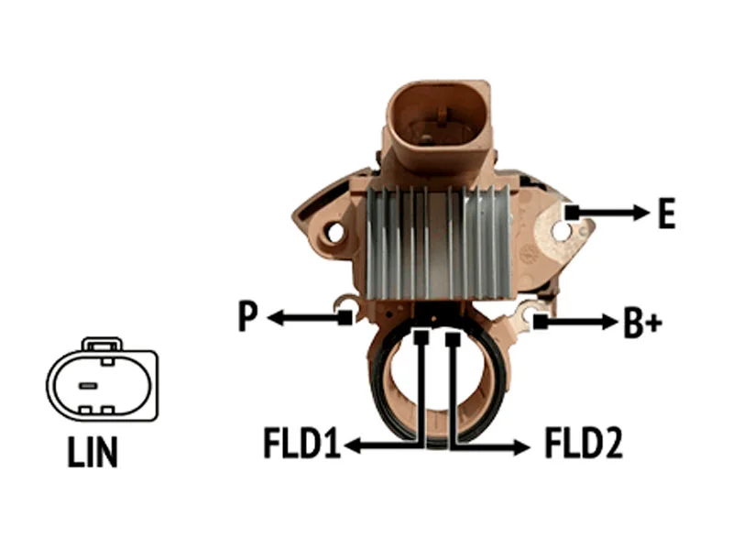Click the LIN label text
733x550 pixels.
pos(93,452)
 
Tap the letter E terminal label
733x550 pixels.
pos(667,214)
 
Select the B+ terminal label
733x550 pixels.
pos(642,323)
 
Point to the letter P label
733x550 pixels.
pos(247,316)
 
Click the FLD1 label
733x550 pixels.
pos(301,443)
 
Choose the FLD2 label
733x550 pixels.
pos(584,443)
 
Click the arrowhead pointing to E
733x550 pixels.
pos(640,213)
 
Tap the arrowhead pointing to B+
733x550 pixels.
pos(609,322)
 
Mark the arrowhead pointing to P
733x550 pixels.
pos(277,318)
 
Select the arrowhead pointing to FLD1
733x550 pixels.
pos(354,445)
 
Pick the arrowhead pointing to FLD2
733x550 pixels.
pos(520,446)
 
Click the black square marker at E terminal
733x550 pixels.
pos(572,213)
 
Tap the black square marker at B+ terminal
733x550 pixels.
pos(540,322)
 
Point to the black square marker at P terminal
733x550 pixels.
pos(345,317)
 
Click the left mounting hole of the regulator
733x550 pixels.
pos(335,233)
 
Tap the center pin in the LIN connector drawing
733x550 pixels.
pos(88,386)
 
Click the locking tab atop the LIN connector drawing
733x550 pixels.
pos(102,345)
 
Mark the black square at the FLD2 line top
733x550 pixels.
pos(453,339)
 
